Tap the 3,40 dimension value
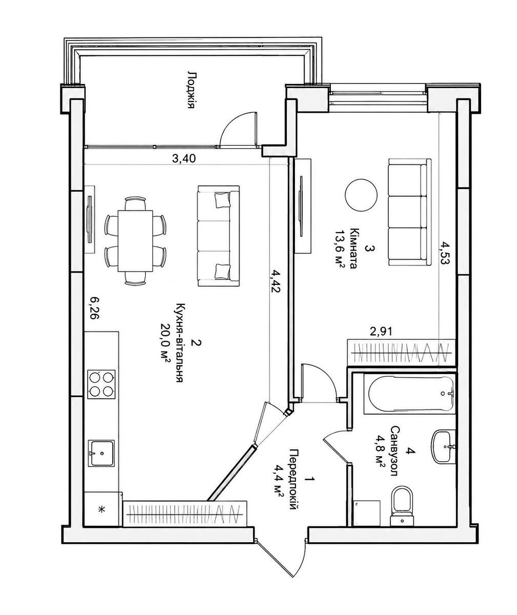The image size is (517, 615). pos(184,159)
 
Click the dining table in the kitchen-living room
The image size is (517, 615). pos(135,241)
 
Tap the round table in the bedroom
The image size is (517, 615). pos(361,195)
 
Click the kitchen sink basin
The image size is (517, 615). pos(102,453)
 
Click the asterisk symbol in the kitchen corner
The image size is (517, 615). pos(101,509)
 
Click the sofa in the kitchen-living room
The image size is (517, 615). pos(218,236)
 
